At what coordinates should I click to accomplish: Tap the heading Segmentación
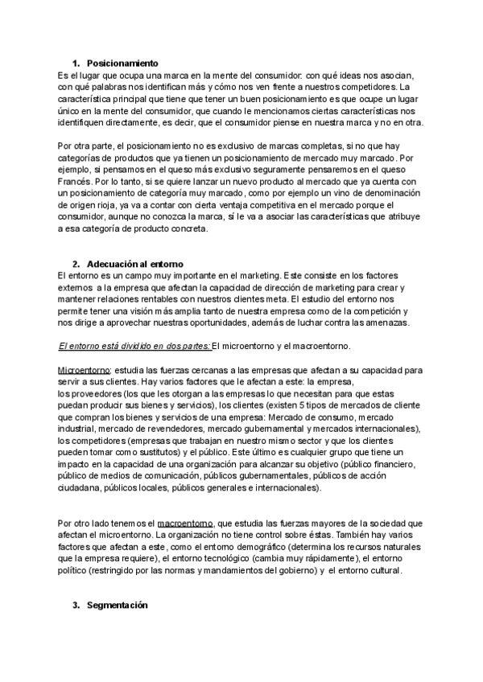coord(118,605)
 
